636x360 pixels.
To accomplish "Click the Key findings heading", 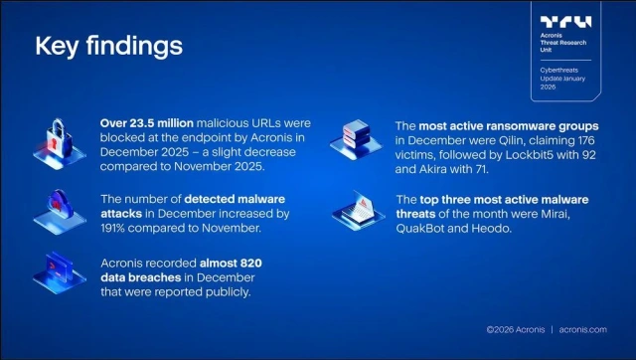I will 108,47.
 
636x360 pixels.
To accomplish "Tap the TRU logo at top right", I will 564,21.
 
